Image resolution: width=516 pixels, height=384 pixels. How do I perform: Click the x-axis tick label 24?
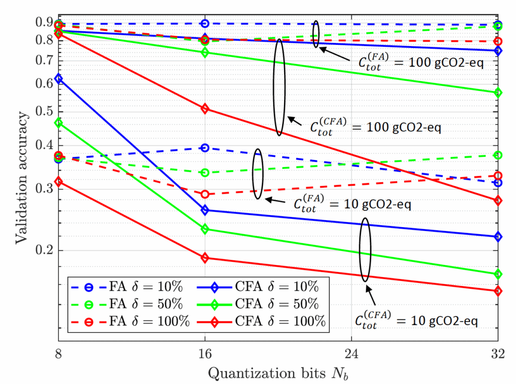(351, 354)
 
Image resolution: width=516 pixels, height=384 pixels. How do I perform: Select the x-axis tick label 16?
(205, 354)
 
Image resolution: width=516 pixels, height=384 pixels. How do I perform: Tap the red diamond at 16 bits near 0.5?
(205, 108)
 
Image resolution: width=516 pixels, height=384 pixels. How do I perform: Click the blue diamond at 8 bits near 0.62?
(58, 79)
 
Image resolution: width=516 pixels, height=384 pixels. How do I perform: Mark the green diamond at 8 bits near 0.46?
(58, 123)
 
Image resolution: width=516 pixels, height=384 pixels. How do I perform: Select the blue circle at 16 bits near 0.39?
(205, 148)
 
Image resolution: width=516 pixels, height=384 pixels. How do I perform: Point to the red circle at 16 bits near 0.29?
(205, 194)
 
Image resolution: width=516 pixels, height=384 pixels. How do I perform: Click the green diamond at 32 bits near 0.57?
(498, 93)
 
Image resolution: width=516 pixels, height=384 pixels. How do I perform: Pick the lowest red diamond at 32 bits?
(498, 291)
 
